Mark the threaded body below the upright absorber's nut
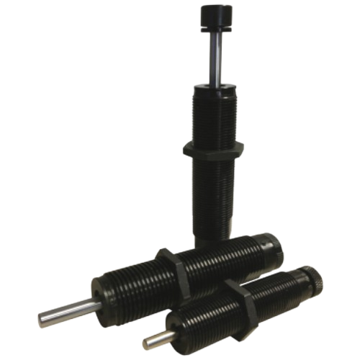point(213,202)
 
